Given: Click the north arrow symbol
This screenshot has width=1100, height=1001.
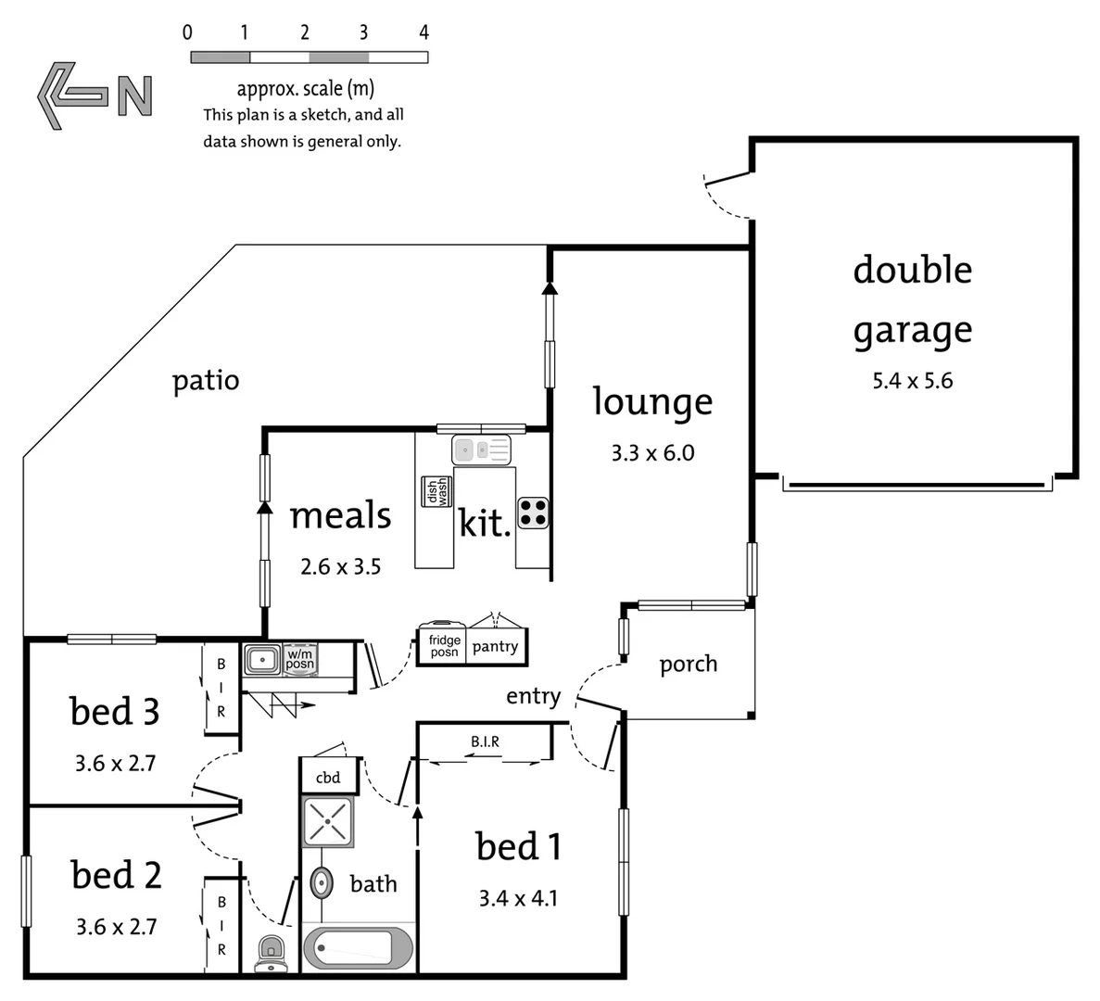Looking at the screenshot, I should click(x=93, y=95).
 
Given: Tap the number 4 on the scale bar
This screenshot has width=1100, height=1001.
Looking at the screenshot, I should click(x=424, y=33).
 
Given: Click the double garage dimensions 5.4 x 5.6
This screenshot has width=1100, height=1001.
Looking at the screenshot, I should click(x=912, y=381).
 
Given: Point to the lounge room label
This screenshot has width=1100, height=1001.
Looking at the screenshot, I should click(x=652, y=401).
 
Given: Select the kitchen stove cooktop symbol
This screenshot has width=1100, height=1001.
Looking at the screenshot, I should click(x=533, y=513).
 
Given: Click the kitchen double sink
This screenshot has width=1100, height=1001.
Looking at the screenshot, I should click(x=481, y=451).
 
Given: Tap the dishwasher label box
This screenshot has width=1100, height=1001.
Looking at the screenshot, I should click(x=436, y=491).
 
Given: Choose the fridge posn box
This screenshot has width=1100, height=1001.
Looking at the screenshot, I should click(x=444, y=646).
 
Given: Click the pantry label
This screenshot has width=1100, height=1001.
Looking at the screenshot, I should click(x=495, y=646).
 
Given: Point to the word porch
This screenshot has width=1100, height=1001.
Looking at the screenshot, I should click(x=688, y=664).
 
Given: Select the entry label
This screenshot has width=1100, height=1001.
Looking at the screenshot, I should click(x=533, y=696).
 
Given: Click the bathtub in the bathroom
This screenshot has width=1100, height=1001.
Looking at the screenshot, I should click(x=358, y=948).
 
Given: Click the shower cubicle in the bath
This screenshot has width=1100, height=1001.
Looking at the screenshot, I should click(x=328, y=821).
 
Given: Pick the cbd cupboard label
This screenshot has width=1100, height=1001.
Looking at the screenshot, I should click(x=328, y=778).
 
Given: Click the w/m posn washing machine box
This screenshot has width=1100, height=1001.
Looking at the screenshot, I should click(x=299, y=659).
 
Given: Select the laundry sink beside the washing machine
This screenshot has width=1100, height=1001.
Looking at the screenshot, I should click(x=262, y=660).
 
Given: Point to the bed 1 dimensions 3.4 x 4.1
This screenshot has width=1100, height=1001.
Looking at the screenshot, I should click(x=518, y=898).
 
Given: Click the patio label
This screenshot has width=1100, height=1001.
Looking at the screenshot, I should click(x=206, y=381).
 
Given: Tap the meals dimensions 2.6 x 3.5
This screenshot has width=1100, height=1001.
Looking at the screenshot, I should click(x=340, y=566).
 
